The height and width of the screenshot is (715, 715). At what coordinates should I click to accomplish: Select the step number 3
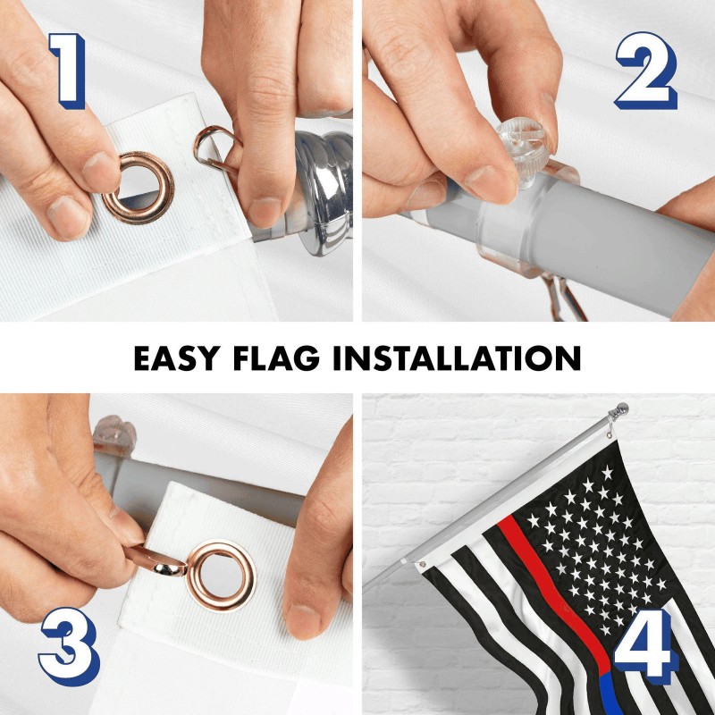pos(67,646)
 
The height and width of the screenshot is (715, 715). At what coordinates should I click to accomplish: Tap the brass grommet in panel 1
pos(138,188)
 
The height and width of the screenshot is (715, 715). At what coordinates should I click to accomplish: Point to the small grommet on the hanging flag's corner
pos(420,564)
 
